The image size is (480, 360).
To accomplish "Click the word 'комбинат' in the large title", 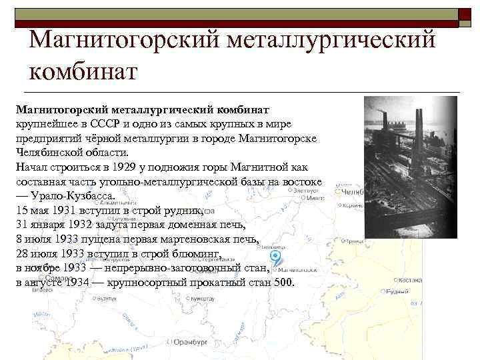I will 83,69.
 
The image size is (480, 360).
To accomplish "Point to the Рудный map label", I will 399,292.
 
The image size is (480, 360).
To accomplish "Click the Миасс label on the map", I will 315,198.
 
